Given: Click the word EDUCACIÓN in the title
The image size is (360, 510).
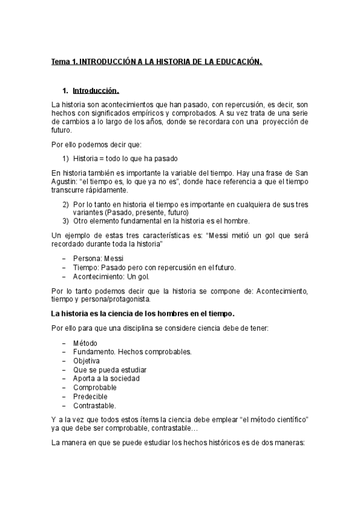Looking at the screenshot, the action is tap(239, 62).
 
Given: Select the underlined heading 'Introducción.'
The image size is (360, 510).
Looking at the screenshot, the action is tap(96, 91).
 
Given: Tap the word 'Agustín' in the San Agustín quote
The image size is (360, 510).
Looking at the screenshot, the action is tap(65, 181).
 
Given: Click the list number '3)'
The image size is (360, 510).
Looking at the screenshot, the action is tap(66, 221).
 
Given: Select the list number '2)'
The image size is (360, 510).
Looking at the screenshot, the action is tap(66, 204).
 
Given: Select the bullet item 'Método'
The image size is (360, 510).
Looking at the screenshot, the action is tap(85, 343).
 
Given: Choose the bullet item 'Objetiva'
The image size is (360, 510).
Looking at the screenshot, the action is tap(87, 360).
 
